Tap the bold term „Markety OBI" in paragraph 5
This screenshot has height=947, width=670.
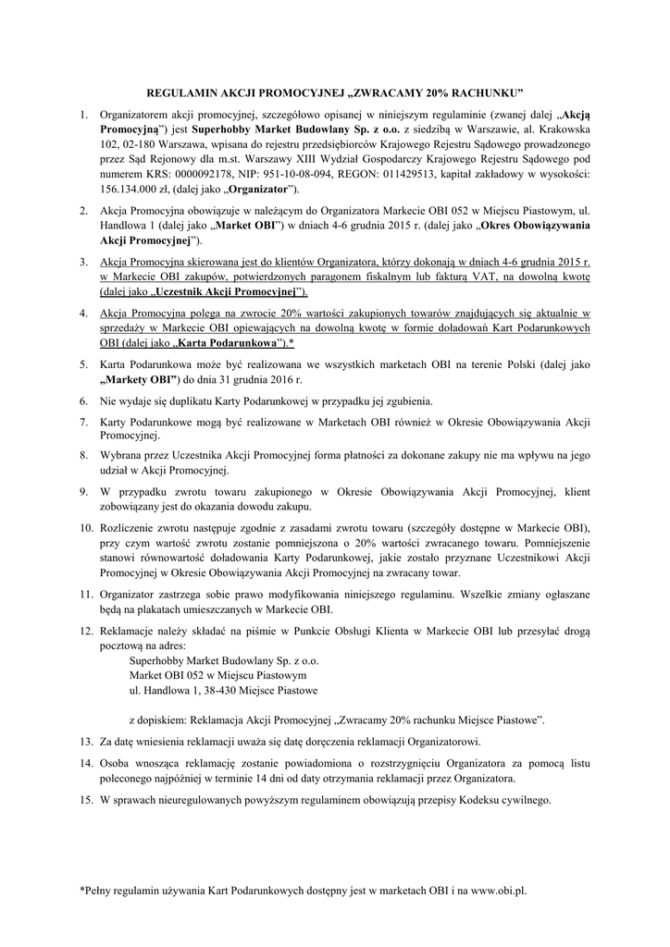point(140,379)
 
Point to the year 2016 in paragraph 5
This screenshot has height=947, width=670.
point(286,379)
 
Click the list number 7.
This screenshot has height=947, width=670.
point(83,421)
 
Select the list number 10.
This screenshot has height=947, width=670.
point(85,526)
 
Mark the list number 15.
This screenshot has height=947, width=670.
point(85,799)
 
